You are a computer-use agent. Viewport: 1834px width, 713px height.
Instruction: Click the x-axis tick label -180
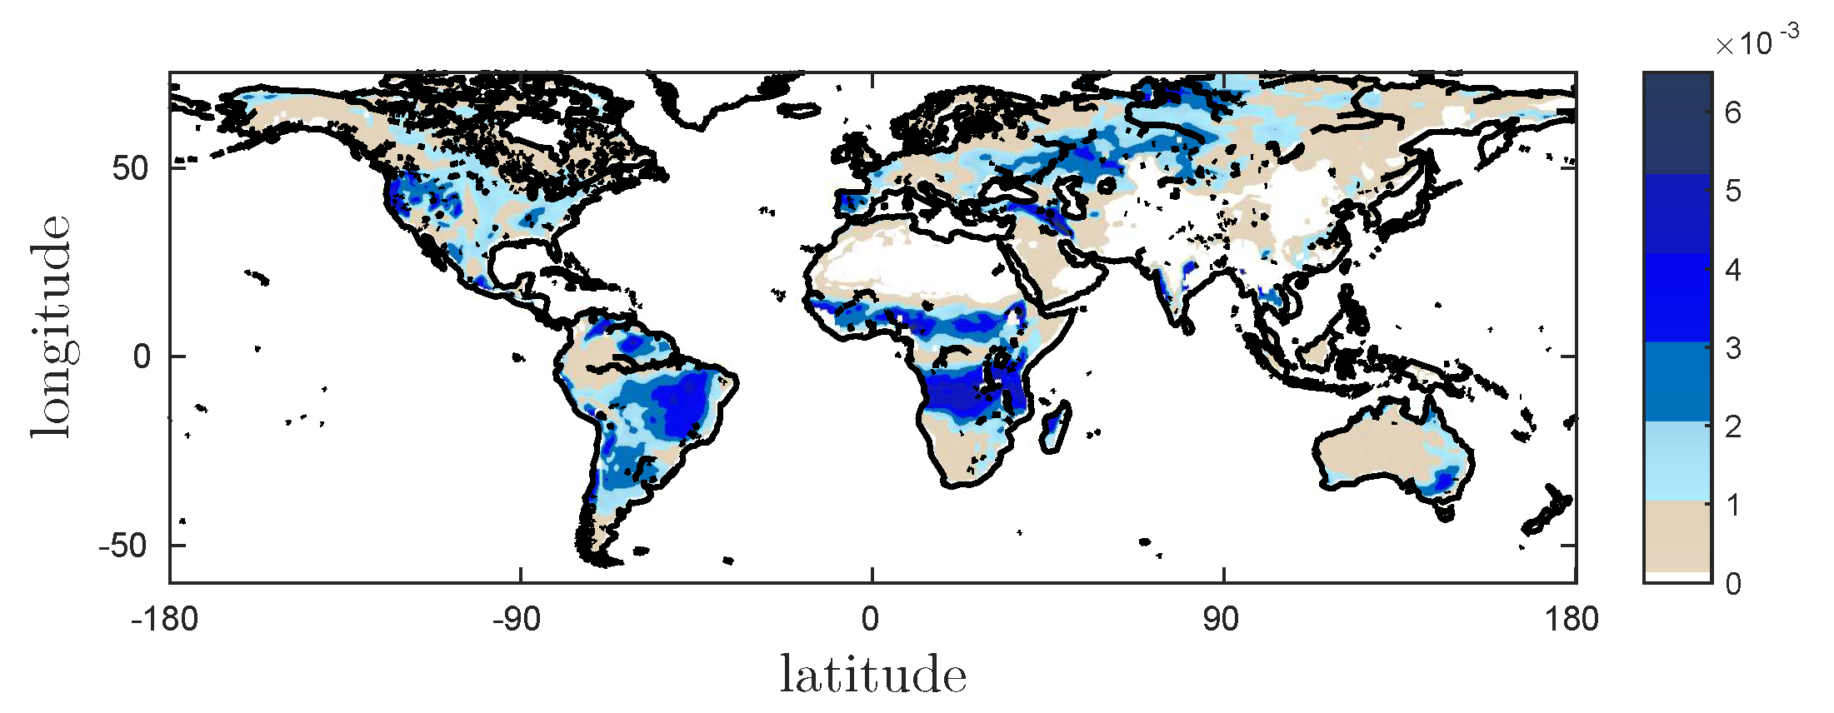164,620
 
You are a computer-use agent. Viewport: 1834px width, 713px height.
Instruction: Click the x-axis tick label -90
517,620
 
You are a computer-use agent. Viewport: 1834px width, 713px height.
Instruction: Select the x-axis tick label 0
870,620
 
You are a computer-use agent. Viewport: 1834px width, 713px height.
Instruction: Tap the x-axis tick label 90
1221,620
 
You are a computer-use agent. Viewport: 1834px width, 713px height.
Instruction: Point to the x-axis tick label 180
1571,620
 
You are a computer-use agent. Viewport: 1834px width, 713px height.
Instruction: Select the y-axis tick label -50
122,546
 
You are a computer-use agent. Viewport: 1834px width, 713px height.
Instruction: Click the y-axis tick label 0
142,357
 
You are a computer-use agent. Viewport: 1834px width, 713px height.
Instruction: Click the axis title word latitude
872,675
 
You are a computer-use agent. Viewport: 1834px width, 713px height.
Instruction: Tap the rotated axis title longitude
52,326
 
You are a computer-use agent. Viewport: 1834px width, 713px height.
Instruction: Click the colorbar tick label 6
1733,112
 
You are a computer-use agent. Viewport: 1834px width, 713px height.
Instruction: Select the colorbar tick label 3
1733,348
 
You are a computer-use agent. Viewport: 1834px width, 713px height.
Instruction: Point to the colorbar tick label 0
1733,584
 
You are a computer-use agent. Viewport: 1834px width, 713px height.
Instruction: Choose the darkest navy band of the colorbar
1677,123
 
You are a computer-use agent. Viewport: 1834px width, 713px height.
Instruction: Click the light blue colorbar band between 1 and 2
1677,460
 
